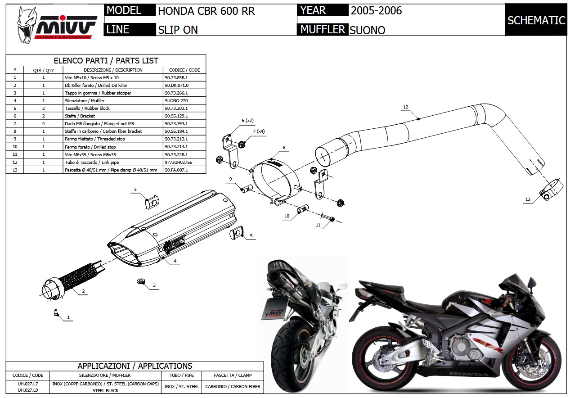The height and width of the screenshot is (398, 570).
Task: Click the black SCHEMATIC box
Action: coord(536,20)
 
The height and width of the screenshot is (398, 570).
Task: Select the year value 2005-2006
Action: coord(376,10)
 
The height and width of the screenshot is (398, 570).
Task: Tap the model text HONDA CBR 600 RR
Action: coord(206,11)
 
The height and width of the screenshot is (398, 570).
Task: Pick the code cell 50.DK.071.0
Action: coord(176,85)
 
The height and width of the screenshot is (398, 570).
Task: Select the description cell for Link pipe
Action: coord(92,162)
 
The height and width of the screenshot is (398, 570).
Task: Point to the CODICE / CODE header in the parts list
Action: coord(184,70)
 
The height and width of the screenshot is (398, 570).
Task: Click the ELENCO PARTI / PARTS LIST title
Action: coord(106,60)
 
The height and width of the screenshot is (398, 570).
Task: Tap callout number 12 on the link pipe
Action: coord(405,107)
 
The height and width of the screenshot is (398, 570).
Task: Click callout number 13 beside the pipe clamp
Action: coord(528,199)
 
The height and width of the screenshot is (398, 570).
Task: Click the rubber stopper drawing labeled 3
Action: coord(142,282)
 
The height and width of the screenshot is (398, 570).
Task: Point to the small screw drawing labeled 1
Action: coord(56,312)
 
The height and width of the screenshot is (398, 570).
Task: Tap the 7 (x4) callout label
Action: coord(259,131)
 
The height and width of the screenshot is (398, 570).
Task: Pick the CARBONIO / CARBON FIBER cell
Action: coord(232,386)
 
